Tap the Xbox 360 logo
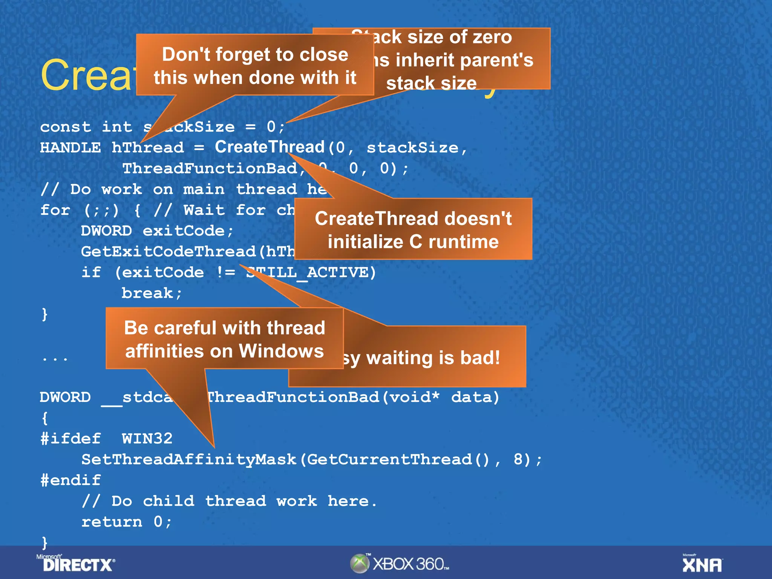tap(400, 564)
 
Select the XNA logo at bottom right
tap(702, 564)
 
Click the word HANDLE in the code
tap(70, 147)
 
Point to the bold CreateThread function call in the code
tap(270, 147)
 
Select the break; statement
tap(152, 293)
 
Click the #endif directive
tap(70, 480)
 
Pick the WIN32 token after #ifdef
tap(147, 439)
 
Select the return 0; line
tap(126, 522)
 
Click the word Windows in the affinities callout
tap(281, 351)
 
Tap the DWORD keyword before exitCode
tap(106, 231)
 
